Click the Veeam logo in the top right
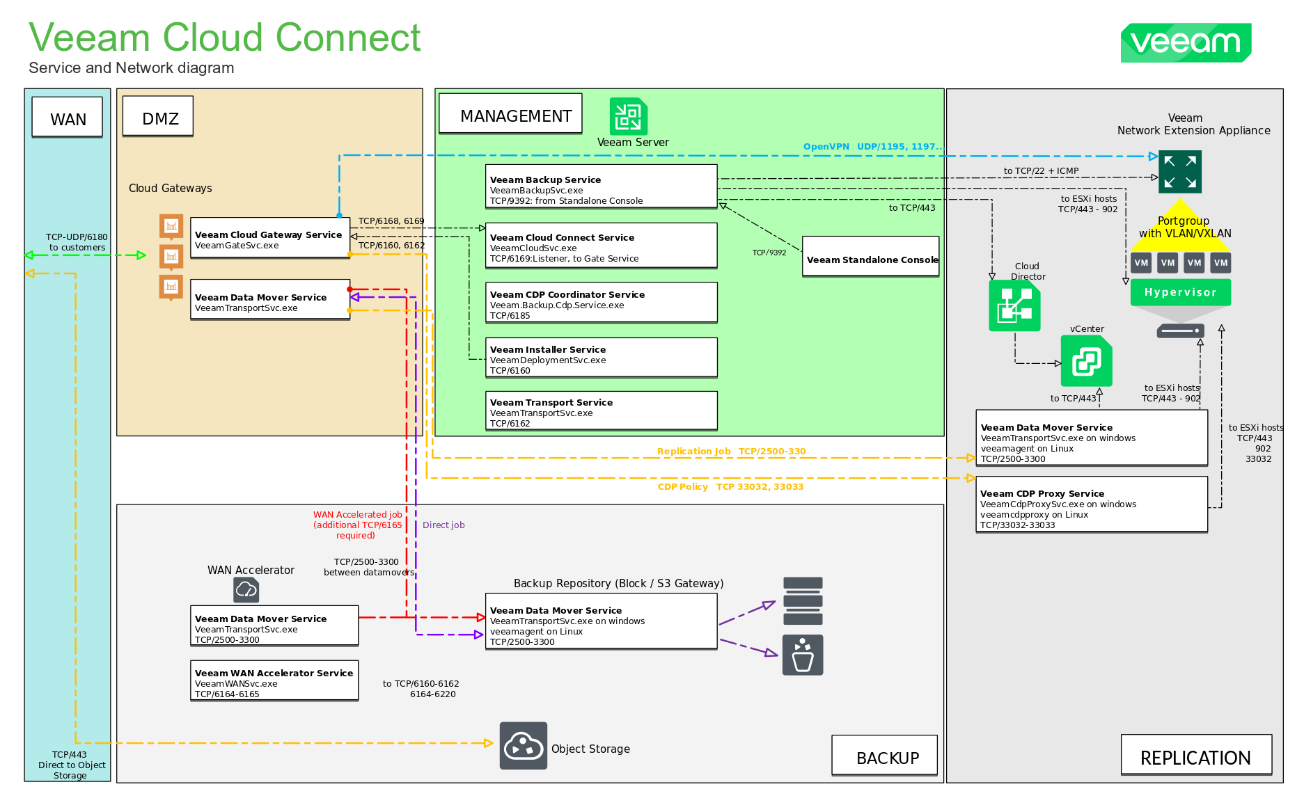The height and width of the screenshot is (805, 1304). click(x=1185, y=42)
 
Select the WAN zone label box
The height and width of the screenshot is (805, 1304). click(x=68, y=117)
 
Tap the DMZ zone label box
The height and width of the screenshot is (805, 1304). click(x=158, y=116)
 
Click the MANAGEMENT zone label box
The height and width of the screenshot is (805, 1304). click(x=510, y=114)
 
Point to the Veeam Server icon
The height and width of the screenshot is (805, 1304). click(x=628, y=116)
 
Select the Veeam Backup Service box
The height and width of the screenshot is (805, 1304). click(x=601, y=186)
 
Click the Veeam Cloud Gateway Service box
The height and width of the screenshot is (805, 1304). click(x=270, y=238)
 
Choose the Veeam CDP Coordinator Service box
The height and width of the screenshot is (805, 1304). click(x=601, y=303)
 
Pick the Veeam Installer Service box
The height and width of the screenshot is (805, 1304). click(x=601, y=358)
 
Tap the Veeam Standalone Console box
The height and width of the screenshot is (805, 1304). click(x=870, y=257)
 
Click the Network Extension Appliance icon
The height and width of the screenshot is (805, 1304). click(x=1179, y=171)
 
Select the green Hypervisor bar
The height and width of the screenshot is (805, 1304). click(x=1180, y=292)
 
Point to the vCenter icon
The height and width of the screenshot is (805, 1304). click(x=1086, y=360)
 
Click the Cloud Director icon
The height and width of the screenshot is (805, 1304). click(x=1014, y=305)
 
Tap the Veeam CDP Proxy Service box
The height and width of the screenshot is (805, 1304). click(x=1091, y=505)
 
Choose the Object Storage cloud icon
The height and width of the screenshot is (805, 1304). click(x=523, y=746)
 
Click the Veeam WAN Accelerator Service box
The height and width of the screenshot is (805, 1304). click(x=274, y=680)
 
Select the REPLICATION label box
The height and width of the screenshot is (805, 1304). click(x=1195, y=755)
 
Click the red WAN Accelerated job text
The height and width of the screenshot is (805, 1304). click(x=357, y=525)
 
